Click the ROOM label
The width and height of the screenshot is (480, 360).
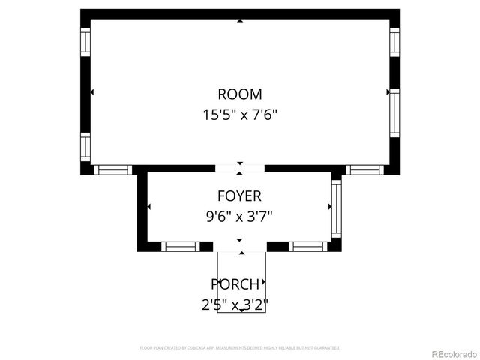[x=240, y=94]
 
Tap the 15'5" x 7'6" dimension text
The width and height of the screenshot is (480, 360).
[x=240, y=115]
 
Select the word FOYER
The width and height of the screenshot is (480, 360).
[x=239, y=196]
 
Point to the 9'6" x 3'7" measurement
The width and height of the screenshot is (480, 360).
[x=239, y=217]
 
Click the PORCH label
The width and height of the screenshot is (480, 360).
[x=235, y=284]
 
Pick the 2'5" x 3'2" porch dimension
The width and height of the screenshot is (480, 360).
[x=235, y=304]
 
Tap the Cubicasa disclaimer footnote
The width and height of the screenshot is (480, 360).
[x=240, y=348]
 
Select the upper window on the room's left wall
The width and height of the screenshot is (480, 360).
[x=85, y=41]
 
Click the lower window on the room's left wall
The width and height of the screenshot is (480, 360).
[x=85, y=146]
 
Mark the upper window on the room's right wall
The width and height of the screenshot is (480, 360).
[x=394, y=42]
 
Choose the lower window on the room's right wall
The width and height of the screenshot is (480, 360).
[x=394, y=112]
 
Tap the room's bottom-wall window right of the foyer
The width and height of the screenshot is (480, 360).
[x=365, y=169]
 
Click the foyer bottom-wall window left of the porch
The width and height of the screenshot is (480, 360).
[x=180, y=246]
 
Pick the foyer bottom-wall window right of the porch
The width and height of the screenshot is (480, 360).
[x=308, y=246]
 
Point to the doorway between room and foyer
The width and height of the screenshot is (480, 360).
[x=240, y=169]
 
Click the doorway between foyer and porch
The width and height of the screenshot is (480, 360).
[x=241, y=246]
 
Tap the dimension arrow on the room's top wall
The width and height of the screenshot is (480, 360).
[x=240, y=21]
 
